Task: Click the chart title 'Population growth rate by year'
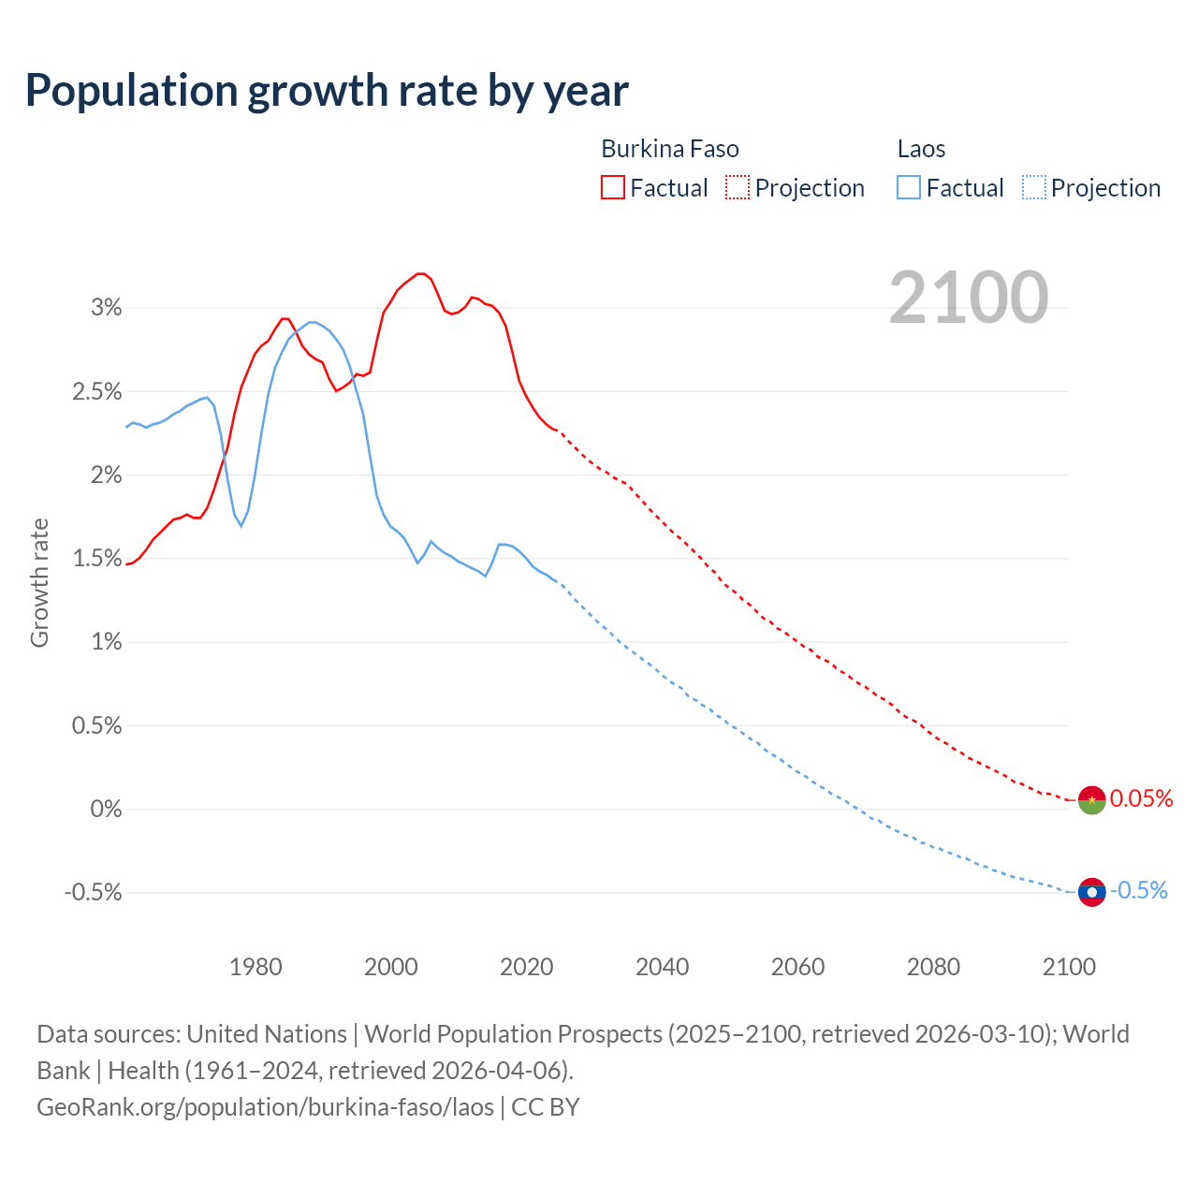(x=327, y=91)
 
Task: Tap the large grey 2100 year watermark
(x=969, y=298)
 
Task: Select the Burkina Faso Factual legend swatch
(x=612, y=187)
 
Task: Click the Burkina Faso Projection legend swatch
(x=738, y=187)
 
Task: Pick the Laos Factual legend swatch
(x=908, y=187)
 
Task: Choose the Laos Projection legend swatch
(x=1033, y=187)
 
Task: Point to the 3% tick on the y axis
(x=106, y=308)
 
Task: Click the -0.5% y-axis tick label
(x=93, y=892)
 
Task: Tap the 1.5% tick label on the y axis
(x=97, y=558)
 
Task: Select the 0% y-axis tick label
(x=106, y=809)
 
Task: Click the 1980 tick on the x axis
(x=256, y=967)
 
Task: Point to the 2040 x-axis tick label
(x=662, y=967)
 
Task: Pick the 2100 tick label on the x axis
(x=1069, y=967)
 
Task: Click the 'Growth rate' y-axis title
(x=39, y=582)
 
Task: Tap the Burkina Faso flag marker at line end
(x=1092, y=800)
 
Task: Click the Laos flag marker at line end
(x=1092, y=892)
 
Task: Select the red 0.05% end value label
(x=1141, y=798)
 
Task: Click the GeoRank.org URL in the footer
(x=265, y=1106)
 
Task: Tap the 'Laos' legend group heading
(x=921, y=149)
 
